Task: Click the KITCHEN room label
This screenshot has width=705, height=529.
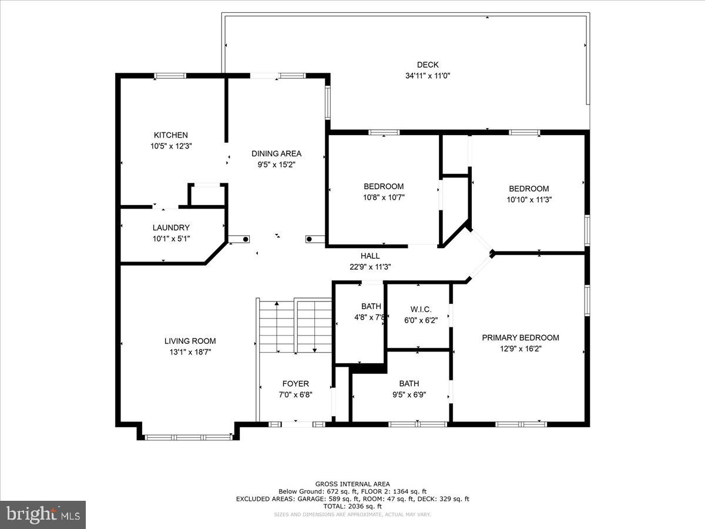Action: pyautogui.click(x=170, y=135)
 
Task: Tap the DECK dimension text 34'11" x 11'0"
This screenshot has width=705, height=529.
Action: pyautogui.click(x=428, y=76)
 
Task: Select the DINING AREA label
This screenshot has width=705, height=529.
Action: pyautogui.click(x=276, y=153)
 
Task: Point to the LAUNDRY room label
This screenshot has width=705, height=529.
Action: pyautogui.click(x=171, y=227)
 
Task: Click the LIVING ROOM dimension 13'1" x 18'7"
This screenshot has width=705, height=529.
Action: pyautogui.click(x=190, y=352)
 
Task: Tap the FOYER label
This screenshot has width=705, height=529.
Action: pyautogui.click(x=296, y=384)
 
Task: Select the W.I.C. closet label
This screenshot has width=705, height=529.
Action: pyautogui.click(x=420, y=309)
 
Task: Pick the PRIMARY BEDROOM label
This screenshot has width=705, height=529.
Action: pyautogui.click(x=520, y=337)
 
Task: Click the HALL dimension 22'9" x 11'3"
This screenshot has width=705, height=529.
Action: pyautogui.click(x=370, y=267)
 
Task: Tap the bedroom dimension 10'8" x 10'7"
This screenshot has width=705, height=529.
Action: pyautogui.click(x=384, y=198)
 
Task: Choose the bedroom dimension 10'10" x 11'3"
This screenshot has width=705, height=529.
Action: pyautogui.click(x=529, y=200)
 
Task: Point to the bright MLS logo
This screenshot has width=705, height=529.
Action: pyautogui.click(x=42, y=514)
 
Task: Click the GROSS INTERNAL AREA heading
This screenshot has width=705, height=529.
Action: pyautogui.click(x=352, y=484)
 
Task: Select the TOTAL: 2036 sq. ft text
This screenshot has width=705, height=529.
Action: pyautogui.click(x=352, y=506)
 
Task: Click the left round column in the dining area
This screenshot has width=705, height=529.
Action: pyautogui.click(x=245, y=239)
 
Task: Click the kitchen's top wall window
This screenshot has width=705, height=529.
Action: pyautogui.click(x=170, y=75)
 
